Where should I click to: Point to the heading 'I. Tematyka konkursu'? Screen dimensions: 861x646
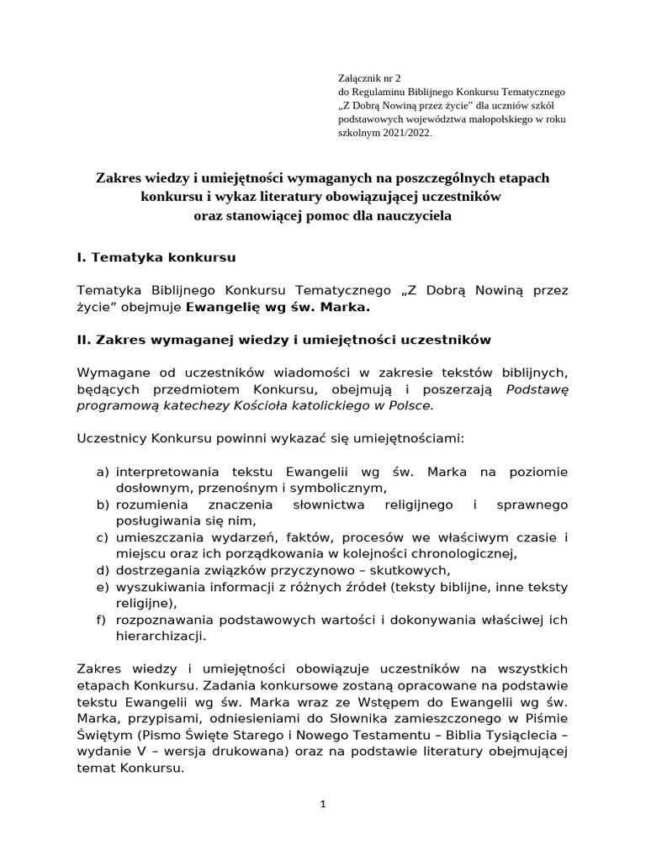(x=156, y=256)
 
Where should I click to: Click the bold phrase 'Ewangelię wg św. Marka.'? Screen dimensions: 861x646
(x=277, y=307)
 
